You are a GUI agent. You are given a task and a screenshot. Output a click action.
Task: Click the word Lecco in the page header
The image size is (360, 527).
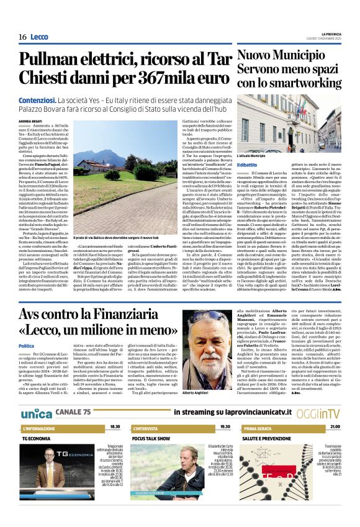click(40, 38)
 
